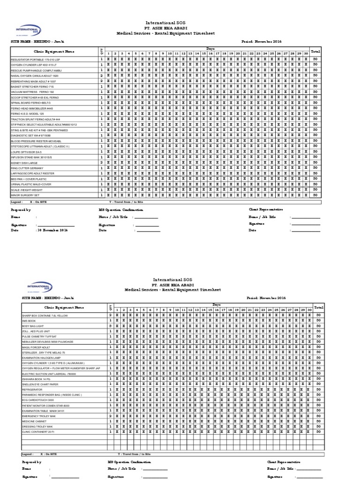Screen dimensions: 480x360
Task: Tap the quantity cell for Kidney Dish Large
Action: [x=101, y=162]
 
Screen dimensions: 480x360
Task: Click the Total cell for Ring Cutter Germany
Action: [x=315, y=167]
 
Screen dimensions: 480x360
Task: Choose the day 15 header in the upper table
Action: [x=203, y=53]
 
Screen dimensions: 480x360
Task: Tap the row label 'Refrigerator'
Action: [x=38, y=389]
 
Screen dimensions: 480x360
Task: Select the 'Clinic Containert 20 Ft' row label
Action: [x=45, y=431]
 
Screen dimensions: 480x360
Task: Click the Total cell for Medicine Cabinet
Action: [x=319, y=420]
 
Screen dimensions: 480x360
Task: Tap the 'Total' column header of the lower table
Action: [x=319, y=307]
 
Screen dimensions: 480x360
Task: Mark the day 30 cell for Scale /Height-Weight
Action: [x=306, y=190]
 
